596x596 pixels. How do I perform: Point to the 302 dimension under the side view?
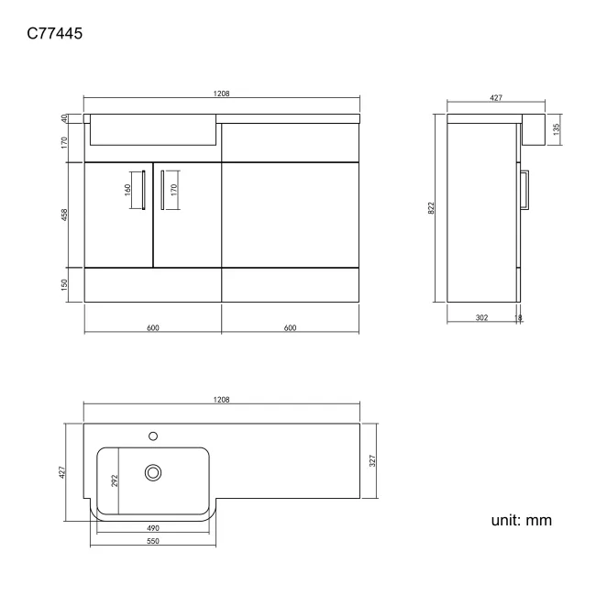point(481,317)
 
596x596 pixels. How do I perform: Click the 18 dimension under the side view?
point(519,317)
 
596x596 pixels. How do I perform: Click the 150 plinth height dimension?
point(64,284)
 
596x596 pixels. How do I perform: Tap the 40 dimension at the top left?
point(64,118)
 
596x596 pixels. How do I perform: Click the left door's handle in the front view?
point(144,191)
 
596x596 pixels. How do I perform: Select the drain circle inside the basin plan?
point(153,472)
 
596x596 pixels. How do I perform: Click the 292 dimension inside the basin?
point(115,480)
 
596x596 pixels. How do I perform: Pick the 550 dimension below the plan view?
point(153,542)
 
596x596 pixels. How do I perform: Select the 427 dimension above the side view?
point(495,97)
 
